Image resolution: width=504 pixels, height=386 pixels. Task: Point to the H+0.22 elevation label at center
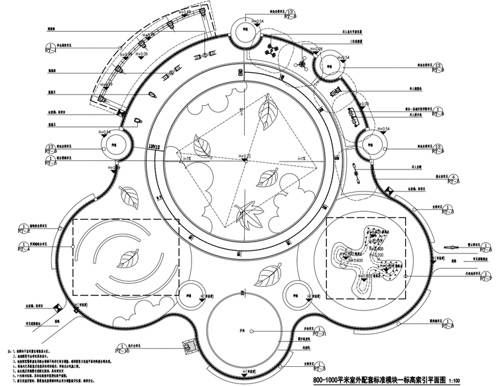245,156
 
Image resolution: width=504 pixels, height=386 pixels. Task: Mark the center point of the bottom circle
245,330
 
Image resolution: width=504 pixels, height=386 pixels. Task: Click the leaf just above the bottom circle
267,273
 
